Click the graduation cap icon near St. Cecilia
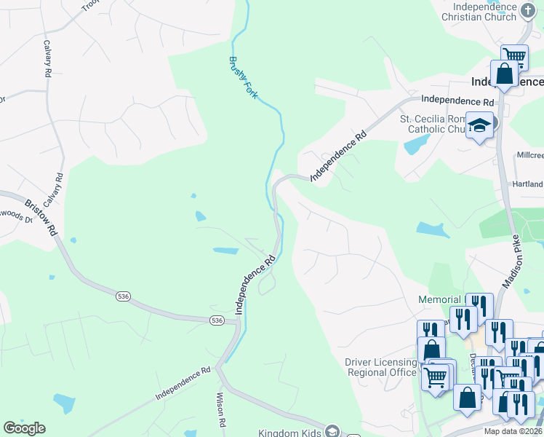tap(479, 125)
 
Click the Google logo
tap(24, 428)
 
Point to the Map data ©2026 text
tap(513, 431)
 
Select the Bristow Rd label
tap(41, 218)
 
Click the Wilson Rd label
tap(219, 412)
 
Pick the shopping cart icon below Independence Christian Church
tap(514, 56)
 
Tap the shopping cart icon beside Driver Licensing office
tap(435, 377)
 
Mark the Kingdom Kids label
tap(289, 432)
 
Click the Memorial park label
tap(439, 299)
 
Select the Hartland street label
tap(529, 185)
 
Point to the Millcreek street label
tap(529, 156)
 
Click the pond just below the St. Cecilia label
tap(412, 145)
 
